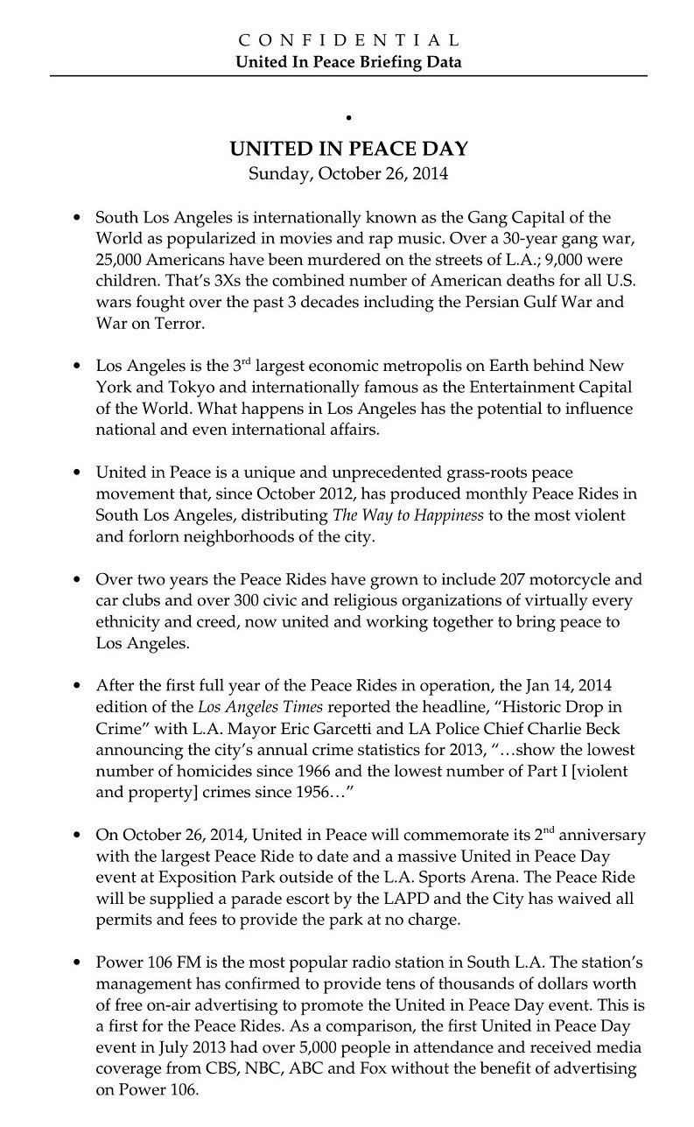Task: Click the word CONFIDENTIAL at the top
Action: (x=348, y=40)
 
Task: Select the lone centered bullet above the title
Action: (x=348, y=116)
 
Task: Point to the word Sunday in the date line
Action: (x=277, y=172)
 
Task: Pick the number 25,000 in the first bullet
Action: (x=121, y=261)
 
